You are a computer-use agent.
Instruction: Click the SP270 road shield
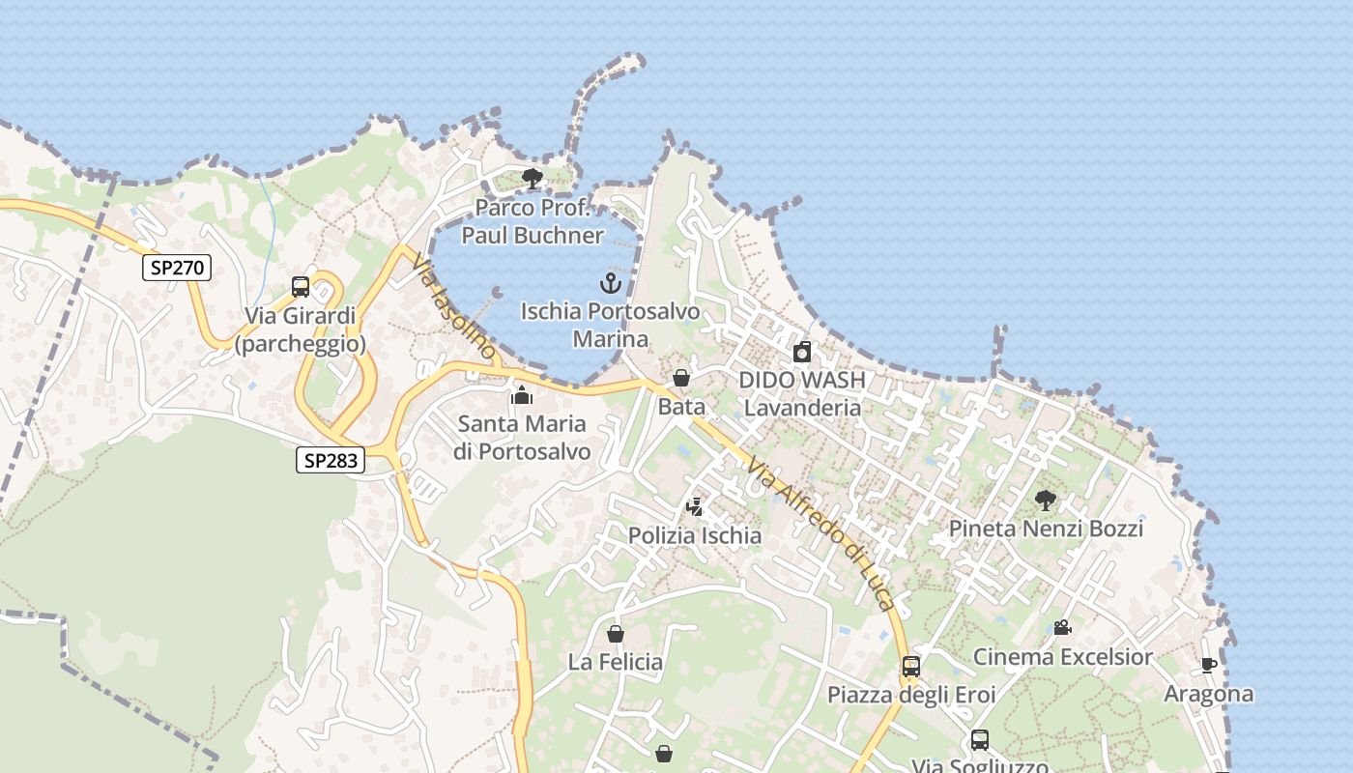tap(177, 268)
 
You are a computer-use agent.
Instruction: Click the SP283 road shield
tap(331, 461)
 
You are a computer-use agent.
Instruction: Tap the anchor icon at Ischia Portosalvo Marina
tap(610, 283)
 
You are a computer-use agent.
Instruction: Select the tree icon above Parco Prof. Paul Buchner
tap(532, 179)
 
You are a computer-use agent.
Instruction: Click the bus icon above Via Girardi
tap(301, 287)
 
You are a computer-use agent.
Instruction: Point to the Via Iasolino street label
tap(453, 306)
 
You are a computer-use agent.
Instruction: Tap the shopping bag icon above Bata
tap(681, 378)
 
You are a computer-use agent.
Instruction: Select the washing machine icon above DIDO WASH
tap(802, 352)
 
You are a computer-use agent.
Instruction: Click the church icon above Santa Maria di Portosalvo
tap(522, 395)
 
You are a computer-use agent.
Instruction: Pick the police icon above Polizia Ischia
tap(694, 506)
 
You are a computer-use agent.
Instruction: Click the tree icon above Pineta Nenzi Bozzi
tap(1045, 500)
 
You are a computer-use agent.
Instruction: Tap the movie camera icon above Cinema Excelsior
tap(1062, 628)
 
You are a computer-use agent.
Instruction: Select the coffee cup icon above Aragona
tap(1208, 665)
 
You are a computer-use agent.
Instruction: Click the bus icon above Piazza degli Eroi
tap(910, 666)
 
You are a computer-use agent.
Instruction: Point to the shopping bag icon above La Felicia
tap(615, 634)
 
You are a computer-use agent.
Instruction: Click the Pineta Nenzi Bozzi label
tap(1046, 529)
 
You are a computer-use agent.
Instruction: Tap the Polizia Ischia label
tap(695, 535)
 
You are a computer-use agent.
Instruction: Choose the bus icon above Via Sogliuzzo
tap(980, 740)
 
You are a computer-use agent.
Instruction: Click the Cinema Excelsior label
tap(1062, 657)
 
